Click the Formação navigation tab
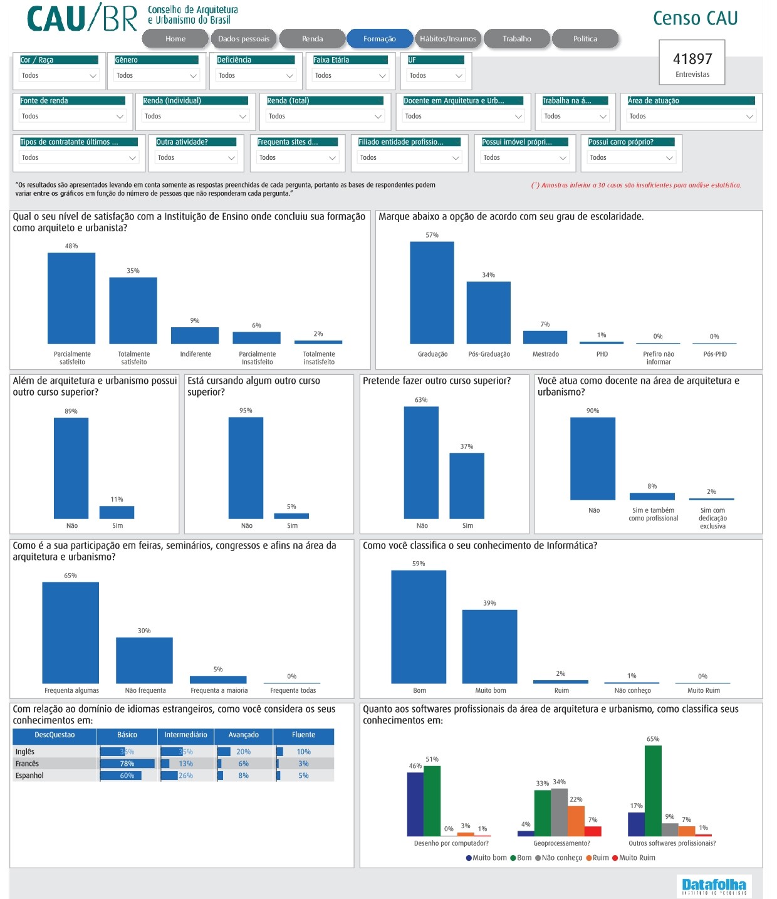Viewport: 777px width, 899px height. tap(379, 39)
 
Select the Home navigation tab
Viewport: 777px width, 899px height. tap(175, 39)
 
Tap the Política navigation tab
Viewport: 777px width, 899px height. tap(585, 39)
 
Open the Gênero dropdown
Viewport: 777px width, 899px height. tap(156, 75)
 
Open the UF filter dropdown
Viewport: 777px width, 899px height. tap(435, 75)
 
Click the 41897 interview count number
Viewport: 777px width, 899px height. tap(692, 59)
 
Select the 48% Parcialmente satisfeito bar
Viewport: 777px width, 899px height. tap(71, 298)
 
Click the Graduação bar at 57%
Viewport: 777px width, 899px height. tap(432, 292)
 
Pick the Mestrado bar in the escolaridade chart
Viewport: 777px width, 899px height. tap(545, 337)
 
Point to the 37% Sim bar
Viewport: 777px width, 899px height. tap(467, 486)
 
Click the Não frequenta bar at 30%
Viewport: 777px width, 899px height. tap(144, 660)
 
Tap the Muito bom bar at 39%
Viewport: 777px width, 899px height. tap(489, 646)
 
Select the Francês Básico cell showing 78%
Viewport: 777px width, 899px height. tap(127, 764)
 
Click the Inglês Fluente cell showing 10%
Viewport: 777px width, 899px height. tap(303, 752)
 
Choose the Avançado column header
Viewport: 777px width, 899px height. tap(244, 735)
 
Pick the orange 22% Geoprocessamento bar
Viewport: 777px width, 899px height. tap(576, 821)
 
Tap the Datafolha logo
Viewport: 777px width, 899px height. tap(714, 886)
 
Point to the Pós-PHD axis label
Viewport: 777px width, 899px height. tap(714, 354)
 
